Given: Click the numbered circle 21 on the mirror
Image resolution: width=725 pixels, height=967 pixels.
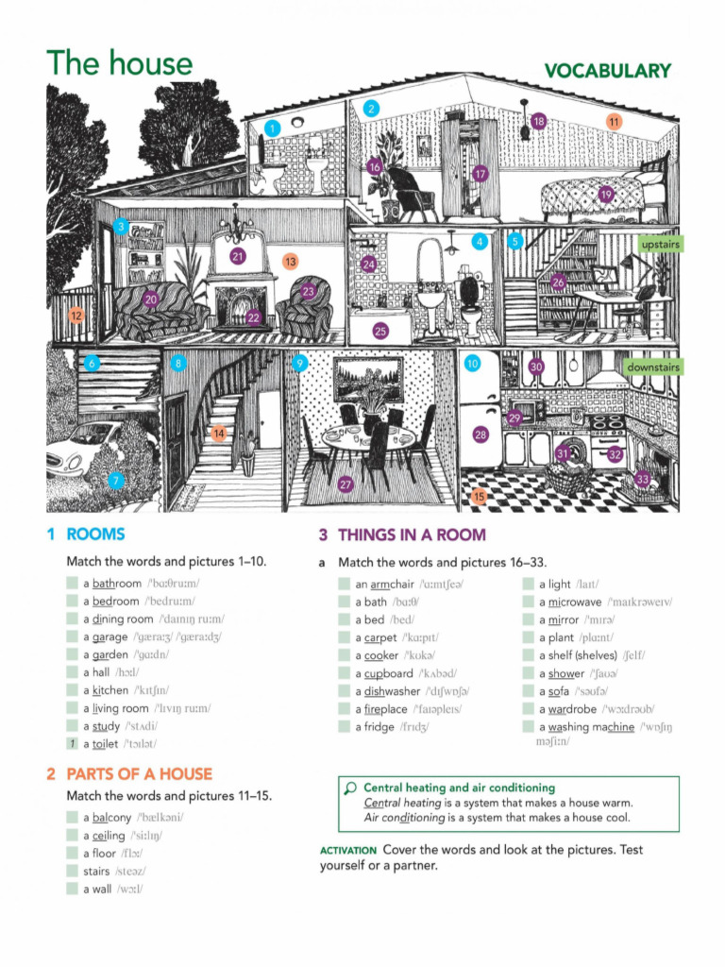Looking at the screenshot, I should click(237, 256).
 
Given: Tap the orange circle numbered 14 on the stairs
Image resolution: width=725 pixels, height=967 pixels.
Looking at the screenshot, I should click(218, 433).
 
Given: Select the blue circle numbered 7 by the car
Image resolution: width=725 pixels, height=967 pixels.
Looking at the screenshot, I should click(115, 481).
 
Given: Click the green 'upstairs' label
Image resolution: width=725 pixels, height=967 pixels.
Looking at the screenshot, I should click(660, 245).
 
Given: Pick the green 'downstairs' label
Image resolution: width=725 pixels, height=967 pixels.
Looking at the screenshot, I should click(652, 366).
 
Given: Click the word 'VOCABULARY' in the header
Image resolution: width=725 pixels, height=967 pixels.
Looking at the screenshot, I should click(607, 71).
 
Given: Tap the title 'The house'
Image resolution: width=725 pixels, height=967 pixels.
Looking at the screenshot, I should click(119, 63).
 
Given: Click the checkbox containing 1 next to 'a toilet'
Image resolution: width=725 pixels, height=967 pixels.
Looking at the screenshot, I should click(72, 744).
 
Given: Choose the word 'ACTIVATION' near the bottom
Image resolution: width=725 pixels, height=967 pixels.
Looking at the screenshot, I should click(348, 850).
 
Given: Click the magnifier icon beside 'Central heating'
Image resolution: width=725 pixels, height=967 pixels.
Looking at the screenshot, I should click(350, 788).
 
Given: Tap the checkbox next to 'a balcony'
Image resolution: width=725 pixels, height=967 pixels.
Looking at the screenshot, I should click(72, 817).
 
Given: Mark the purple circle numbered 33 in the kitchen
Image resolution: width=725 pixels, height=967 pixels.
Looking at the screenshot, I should click(643, 480).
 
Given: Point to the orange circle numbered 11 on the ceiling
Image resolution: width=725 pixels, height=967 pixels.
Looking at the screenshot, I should click(614, 121).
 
